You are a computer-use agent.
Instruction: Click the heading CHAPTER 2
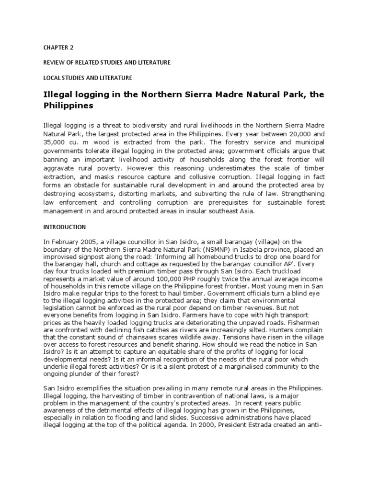59,48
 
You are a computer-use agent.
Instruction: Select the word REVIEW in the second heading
54,62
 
